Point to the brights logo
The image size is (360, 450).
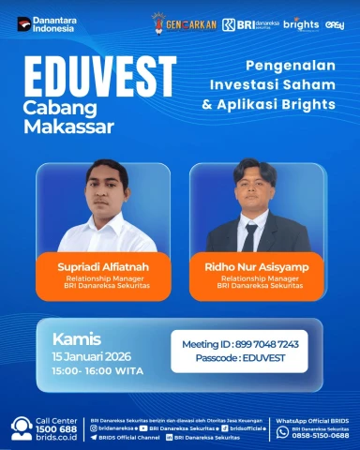(301, 22)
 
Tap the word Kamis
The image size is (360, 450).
(76, 338)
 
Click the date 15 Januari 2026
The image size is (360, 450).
(92, 357)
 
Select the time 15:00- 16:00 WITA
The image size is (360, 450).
(95, 371)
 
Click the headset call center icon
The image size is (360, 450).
(22, 427)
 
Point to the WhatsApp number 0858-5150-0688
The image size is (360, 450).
(320, 435)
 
